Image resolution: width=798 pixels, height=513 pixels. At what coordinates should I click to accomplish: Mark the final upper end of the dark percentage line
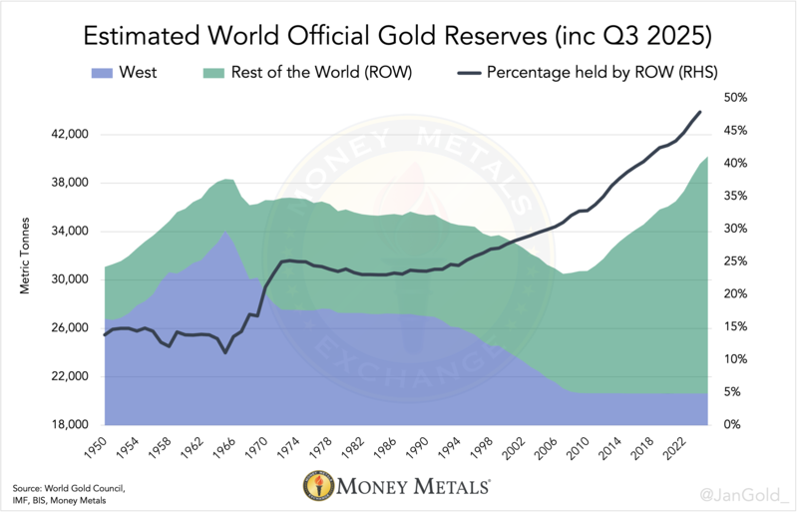[x=700, y=112]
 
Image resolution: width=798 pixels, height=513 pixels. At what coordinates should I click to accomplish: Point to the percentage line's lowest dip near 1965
[x=225, y=352]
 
